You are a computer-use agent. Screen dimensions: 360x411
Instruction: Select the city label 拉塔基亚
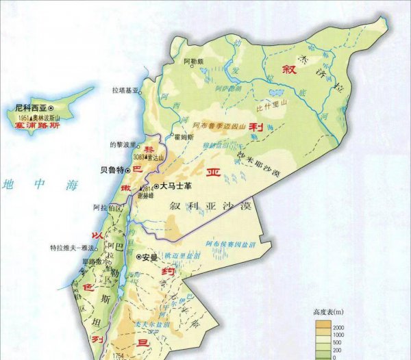[x=125, y=90]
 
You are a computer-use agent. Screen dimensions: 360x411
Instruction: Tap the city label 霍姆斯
[x=187, y=137]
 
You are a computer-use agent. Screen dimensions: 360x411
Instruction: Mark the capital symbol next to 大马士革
[x=155, y=185]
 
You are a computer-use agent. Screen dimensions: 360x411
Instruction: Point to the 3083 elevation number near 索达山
[x=140, y=156]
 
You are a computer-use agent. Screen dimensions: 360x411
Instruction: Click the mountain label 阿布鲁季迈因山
[x=219, y=127]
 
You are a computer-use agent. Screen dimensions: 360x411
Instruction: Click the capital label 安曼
[x=150, y=257]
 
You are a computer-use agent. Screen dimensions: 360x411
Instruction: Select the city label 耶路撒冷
[x=92, y=261]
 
